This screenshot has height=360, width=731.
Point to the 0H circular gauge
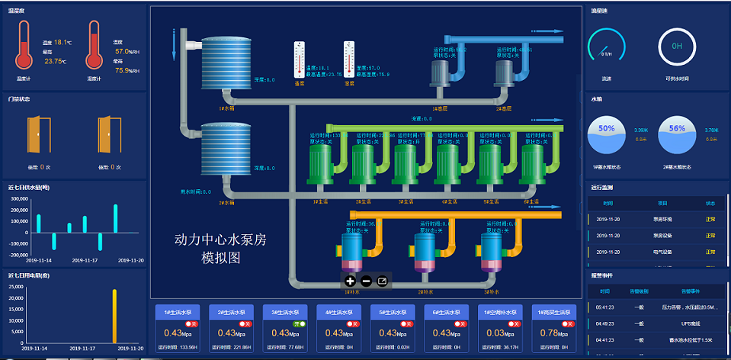(676, 46)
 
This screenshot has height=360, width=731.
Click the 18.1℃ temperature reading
(63, 43)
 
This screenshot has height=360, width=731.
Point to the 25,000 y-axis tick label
(15, 287)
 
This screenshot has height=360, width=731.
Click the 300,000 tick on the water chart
(17, 198)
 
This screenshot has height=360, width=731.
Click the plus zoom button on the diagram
(350, 281)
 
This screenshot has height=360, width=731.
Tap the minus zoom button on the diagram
(366, 281)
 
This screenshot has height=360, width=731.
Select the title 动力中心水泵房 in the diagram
(220, 241)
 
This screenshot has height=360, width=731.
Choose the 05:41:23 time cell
(605, 307)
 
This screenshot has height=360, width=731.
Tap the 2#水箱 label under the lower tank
(226, 203)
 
